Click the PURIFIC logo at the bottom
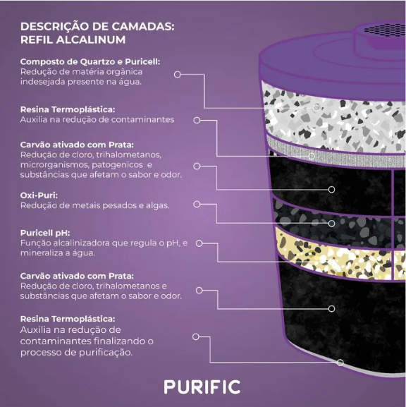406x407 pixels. [x=202, y=387]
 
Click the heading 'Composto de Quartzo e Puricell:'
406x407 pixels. [x=90, y=62]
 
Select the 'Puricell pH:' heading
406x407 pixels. [x=45, y=233]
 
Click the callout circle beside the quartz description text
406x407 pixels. [x=177, y=75]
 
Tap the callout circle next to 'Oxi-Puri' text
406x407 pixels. [x=197, y=205]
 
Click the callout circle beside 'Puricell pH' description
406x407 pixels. [x=199, y=243]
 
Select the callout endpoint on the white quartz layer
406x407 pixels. [x=316, y=108]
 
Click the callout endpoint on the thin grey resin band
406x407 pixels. [x=312, y=156]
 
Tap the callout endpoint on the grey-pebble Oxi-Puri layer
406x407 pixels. [x=331, y=223]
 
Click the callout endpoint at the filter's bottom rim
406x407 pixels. [x=340, y=363]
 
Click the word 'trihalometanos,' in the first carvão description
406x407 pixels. [x=129, y=155]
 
